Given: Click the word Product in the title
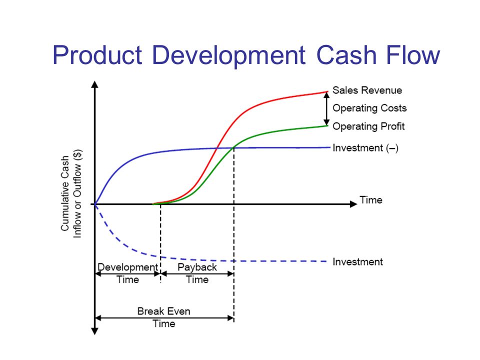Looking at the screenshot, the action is coord(97,55).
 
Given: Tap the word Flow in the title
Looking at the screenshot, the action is coord(412,55).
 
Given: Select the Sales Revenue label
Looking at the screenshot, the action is coord(367,90).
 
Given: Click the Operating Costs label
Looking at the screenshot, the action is coord(369,108).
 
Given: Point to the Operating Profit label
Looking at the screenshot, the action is coord(368,126).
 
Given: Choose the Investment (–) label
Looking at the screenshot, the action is coord(365,148).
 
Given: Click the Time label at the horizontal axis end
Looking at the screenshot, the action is coord(370,200).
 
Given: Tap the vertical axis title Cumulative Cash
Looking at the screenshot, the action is coord(64,193).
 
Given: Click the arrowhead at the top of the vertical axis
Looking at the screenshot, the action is coord(95,84).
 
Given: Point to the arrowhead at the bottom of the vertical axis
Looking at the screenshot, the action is coord(95,331).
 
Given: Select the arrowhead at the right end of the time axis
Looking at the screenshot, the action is coord(353,204).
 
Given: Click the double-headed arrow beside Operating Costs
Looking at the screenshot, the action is coord(326,109).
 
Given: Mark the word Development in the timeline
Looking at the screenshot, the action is coord(127,267).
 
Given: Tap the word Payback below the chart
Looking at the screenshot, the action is coord(197,267).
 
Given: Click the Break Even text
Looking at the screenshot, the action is coord(164,311).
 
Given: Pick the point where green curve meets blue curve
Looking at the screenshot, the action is coord(234,148).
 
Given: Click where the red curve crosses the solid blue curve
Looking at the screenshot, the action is coord(216,148).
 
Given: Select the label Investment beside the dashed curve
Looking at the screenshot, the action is coord(357,261).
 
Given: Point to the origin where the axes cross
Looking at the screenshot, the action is coord(95,204).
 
